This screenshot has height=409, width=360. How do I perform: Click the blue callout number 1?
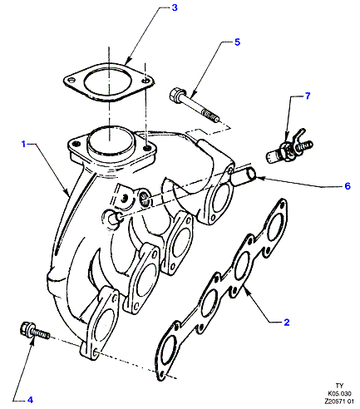click(24, 144)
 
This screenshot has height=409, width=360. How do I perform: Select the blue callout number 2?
click(287, 322)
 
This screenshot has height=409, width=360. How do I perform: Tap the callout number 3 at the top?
click(175, 7)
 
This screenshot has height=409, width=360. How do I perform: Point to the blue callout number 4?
click(30, 400)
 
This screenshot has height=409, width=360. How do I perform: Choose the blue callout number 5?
click(237, 42)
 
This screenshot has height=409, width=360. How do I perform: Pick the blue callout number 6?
click(348, 186)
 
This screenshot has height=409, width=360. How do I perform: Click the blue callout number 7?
click(308, 96)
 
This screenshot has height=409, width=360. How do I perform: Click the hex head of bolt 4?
click(27, 329)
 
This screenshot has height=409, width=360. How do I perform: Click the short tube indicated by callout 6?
click(244, 177)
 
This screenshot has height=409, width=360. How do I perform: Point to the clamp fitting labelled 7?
click(289, 148)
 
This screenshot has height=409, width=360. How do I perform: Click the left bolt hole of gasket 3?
click(72, 81)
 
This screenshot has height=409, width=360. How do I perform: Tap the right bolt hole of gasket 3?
click(145, 81)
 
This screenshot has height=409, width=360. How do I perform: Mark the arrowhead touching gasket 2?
click(246, 290)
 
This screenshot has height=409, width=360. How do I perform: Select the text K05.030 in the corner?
click(339, 393)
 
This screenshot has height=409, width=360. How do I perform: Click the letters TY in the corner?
click(339, 386)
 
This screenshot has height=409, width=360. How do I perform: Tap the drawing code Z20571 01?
click(339, 402)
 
